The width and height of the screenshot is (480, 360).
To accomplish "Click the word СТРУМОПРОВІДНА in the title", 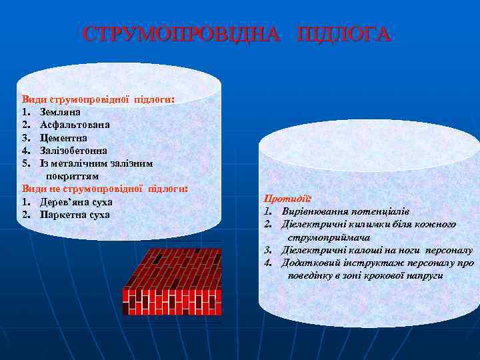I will click(x=181, y=35).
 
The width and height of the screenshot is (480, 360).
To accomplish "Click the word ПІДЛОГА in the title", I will click(x=344, y=35).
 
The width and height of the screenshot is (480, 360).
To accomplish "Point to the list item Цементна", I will click(x=64, y=137).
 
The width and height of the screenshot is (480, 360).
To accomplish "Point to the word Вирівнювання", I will click(x=316, y=211).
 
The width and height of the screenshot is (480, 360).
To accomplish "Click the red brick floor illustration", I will click(x=171, y=281).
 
